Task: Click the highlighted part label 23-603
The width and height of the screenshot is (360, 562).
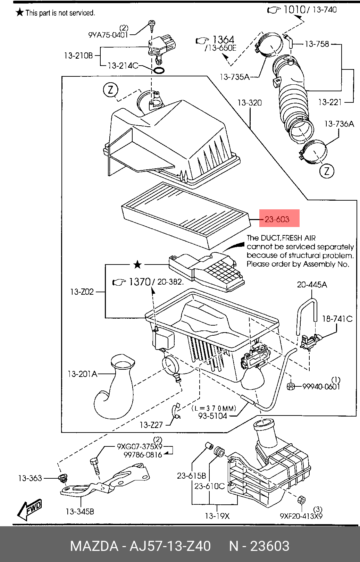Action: (277, 219)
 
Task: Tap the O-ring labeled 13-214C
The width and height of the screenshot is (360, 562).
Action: (159, 70)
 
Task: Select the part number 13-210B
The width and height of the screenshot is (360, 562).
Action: (78, 56)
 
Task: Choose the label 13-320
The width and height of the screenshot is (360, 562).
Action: (250, 103)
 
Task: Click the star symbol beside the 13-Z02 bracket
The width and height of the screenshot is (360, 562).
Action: (137, 265)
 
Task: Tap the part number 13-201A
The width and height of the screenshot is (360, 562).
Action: (82, 374)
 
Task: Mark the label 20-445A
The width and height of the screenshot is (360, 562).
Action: (312, 285)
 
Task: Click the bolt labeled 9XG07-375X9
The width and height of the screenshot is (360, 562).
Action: (95, 466)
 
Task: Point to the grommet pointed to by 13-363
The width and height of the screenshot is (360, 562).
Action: (63, 478)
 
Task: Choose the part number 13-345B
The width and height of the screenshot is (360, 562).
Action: (80, 511)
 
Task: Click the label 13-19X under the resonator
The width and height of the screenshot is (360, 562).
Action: (217, 516)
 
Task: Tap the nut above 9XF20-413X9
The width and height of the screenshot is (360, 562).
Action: (301, 500)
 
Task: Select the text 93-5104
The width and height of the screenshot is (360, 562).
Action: (212, 416)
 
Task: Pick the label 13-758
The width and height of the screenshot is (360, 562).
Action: (317, 44)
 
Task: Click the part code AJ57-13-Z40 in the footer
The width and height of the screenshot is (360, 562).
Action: (170, 546)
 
